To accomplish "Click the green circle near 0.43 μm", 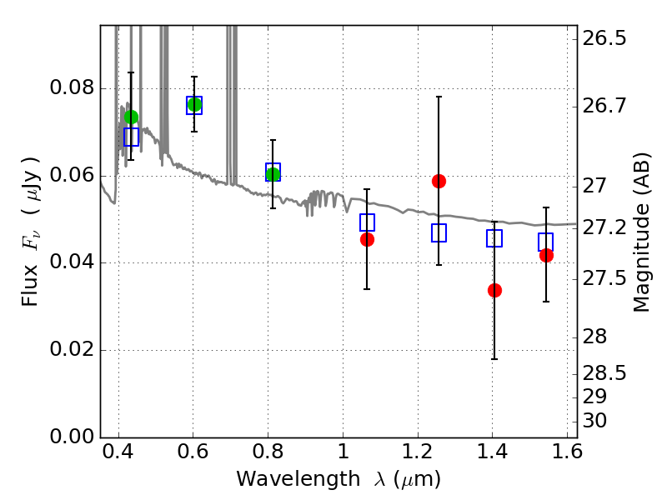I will point(131,117).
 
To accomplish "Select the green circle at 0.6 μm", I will point(194,105).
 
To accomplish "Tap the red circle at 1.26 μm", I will point(439,181).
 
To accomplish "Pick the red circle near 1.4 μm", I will point(494,290).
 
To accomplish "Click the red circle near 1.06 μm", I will point(367,239).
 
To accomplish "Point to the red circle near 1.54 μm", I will point(546,255).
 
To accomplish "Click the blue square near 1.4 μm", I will point(494,238).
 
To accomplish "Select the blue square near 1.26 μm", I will point(439,233).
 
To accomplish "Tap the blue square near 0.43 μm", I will point(131,137).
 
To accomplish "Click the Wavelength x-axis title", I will point(338,480).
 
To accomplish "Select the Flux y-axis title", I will point(31,231).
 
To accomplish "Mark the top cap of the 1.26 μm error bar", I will point(439,97).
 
